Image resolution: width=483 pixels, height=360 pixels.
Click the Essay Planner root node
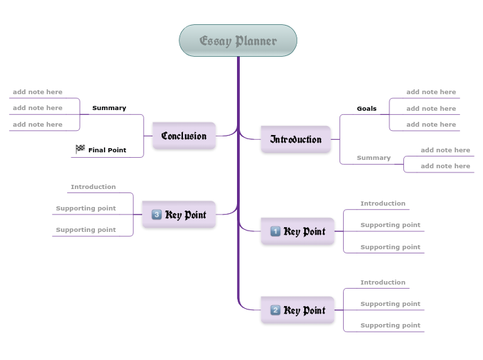pos(238,41)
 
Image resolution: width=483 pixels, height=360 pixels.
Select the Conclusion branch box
pos(184,136)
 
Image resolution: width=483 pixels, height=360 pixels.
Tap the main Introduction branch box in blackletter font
pos(296,139)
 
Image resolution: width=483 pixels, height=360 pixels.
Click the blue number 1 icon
pos(275,231)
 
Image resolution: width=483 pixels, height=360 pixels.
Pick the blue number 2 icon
pos(275,310)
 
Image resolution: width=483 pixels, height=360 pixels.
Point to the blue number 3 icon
pos(156,215)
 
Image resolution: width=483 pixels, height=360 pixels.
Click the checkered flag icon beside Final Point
pos(80,149)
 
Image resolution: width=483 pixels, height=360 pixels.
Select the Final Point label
pos(107,150)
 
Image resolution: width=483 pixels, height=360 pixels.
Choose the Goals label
pos(367,109)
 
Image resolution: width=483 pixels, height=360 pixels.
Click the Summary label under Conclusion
pos(109,108)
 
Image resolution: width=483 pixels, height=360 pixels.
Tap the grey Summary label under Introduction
pos(374,158)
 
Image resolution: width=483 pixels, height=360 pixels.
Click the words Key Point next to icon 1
pos(305,231)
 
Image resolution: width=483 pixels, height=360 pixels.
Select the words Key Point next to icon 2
pos(305,310)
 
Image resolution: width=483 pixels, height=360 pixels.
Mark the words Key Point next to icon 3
pos(186,215)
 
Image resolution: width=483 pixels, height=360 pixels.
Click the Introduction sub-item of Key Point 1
pos(383,204)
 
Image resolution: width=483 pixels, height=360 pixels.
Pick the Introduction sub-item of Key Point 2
pos(383,282)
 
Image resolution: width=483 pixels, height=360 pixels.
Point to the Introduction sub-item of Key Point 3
pos(93,187)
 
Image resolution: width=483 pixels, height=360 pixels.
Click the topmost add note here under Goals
pos(431,92)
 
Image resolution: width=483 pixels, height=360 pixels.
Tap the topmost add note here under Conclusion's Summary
pos(37,92)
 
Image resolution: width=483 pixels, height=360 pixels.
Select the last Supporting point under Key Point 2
pos(390,325)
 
